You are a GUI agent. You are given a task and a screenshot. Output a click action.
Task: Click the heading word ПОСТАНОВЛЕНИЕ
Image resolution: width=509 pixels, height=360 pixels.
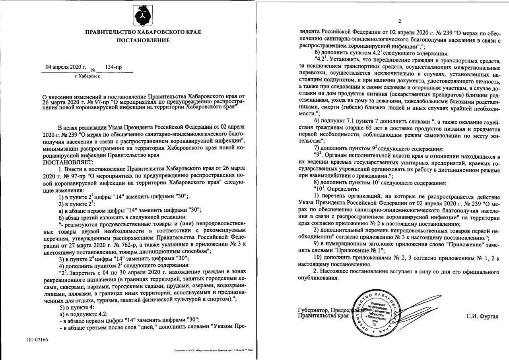pos(143,40)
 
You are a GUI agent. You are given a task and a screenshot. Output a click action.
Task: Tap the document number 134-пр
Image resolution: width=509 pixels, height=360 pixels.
pos(113,67)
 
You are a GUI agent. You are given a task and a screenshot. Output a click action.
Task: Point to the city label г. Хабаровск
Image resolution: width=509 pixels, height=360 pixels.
pos(87,76)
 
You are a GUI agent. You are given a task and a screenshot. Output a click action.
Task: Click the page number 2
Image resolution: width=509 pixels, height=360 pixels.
pos(400,21)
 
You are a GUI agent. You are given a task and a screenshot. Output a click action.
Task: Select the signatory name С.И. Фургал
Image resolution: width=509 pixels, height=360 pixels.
pos(483,316)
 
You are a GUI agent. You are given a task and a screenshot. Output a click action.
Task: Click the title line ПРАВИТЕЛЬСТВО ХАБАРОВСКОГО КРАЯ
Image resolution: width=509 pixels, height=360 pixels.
pos(143,31)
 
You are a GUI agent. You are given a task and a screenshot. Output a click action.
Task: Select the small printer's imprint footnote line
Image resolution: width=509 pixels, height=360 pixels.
pos(213,351)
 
